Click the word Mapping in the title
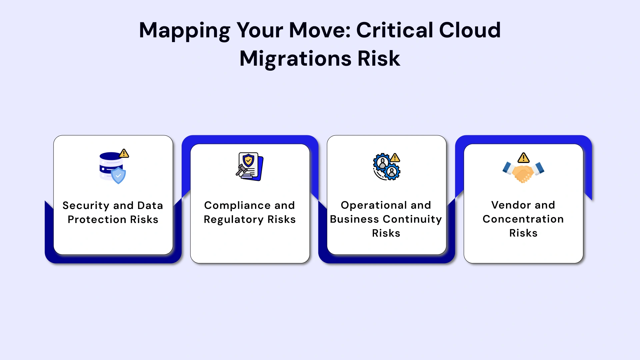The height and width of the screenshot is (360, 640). (x=184, y=31)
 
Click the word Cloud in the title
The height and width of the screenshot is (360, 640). (x=470, y=30)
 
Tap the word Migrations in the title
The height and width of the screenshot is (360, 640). (x=295, y=59)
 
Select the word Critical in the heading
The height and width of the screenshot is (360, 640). (x=395, y=30)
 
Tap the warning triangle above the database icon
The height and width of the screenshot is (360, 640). (x=124, y=153)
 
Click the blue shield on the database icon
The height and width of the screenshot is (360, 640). (x=118, y=176)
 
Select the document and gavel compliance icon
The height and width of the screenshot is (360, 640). (x=250, y=167)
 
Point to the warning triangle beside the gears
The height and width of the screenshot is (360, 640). (x=395, y=157)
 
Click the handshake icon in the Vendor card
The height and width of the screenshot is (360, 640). (x=523, y=171)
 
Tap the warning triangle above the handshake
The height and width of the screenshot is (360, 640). (x=523, y=157)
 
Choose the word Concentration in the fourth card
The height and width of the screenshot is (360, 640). (x=523, y=219)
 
